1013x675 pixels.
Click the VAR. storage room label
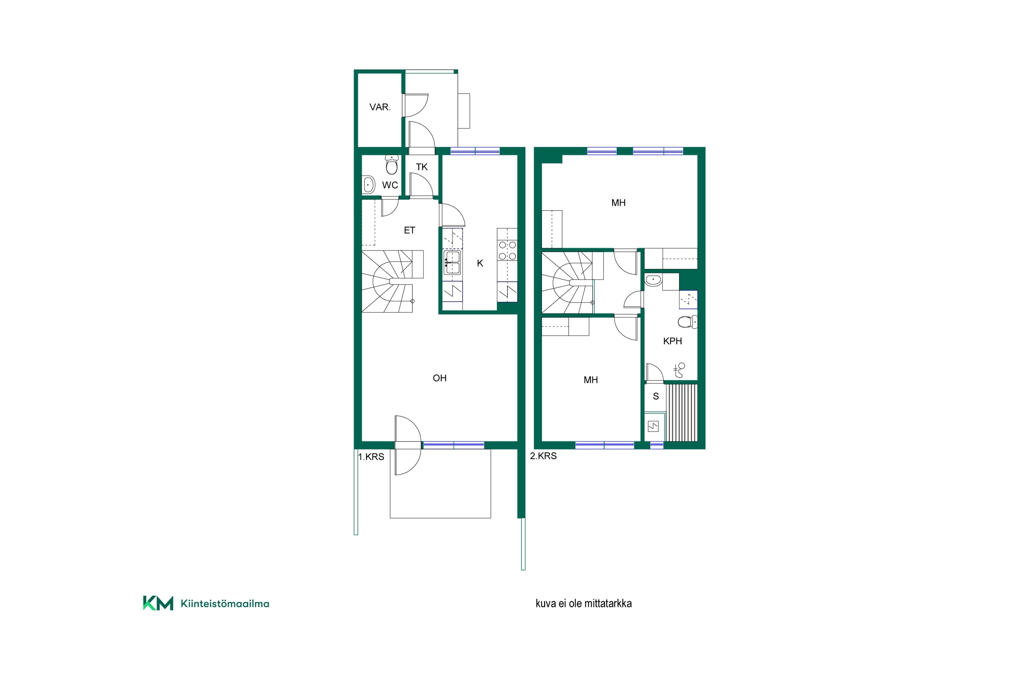point(380,107)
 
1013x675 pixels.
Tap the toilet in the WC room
point(391,164)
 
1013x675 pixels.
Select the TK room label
point(422,167)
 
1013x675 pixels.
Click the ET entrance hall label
point(410,230)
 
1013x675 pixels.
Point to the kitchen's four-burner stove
point(508,250)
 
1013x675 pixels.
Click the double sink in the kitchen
point(452,263)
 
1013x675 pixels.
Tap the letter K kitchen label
point(480,264)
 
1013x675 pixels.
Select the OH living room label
point(440,378)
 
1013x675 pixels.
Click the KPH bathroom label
point(673,341)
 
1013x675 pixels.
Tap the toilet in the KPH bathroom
point(687,322)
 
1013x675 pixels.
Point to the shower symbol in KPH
point(680,370)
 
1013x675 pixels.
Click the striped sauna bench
point(682,413)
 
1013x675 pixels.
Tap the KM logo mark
point(158,603)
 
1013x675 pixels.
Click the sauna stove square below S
point(653,427)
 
